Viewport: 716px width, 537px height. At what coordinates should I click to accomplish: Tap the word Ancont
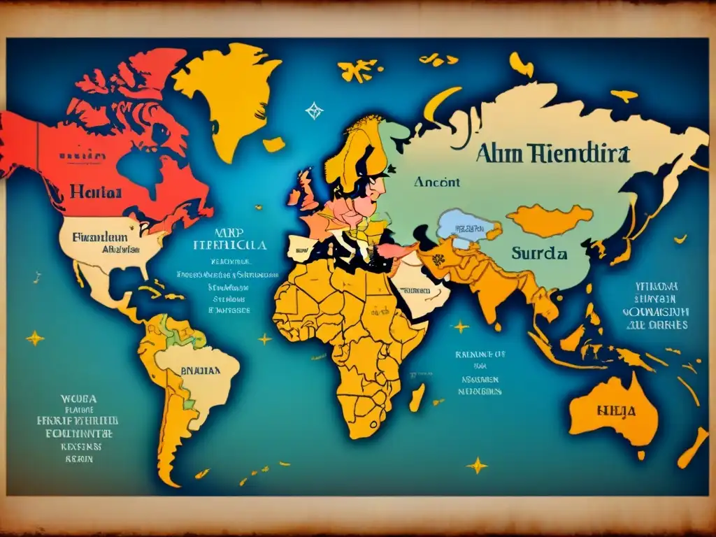437,182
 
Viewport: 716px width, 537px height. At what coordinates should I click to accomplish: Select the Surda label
539,254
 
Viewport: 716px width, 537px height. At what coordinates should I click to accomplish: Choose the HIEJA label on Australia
616,410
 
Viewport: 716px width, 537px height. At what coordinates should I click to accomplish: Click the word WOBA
78,399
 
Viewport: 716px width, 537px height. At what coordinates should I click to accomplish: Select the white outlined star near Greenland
314,110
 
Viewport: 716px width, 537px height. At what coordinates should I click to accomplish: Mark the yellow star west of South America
34,338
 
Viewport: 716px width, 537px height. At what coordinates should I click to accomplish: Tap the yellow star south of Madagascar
478,464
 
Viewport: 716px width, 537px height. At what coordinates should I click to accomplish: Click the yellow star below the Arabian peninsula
460,327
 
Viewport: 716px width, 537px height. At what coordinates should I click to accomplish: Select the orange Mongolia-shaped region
549,220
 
